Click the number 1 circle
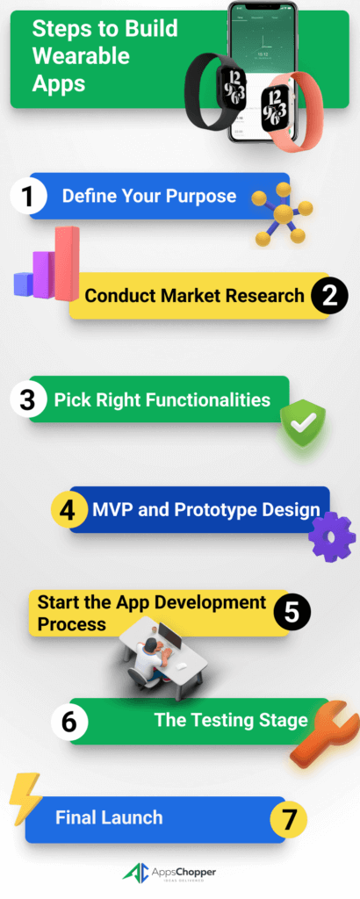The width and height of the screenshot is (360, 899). tap(28, 196)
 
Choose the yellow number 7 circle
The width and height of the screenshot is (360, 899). tap(287, 819)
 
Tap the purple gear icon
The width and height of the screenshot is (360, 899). tap(332, 536)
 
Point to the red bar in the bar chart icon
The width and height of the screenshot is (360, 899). tap(67, 262)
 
